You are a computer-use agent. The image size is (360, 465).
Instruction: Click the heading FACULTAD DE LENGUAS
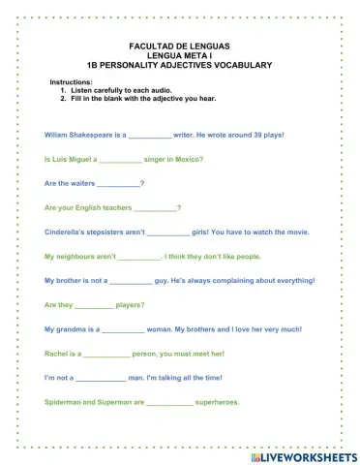tap(179, 46)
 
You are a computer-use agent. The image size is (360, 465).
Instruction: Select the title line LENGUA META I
tap(179, 55)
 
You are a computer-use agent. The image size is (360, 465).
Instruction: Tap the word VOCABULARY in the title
tap(240, 65)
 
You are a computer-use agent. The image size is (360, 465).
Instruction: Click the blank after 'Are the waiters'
tap(118, 184)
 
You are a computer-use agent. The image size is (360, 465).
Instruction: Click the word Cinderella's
tap(69, 232)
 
